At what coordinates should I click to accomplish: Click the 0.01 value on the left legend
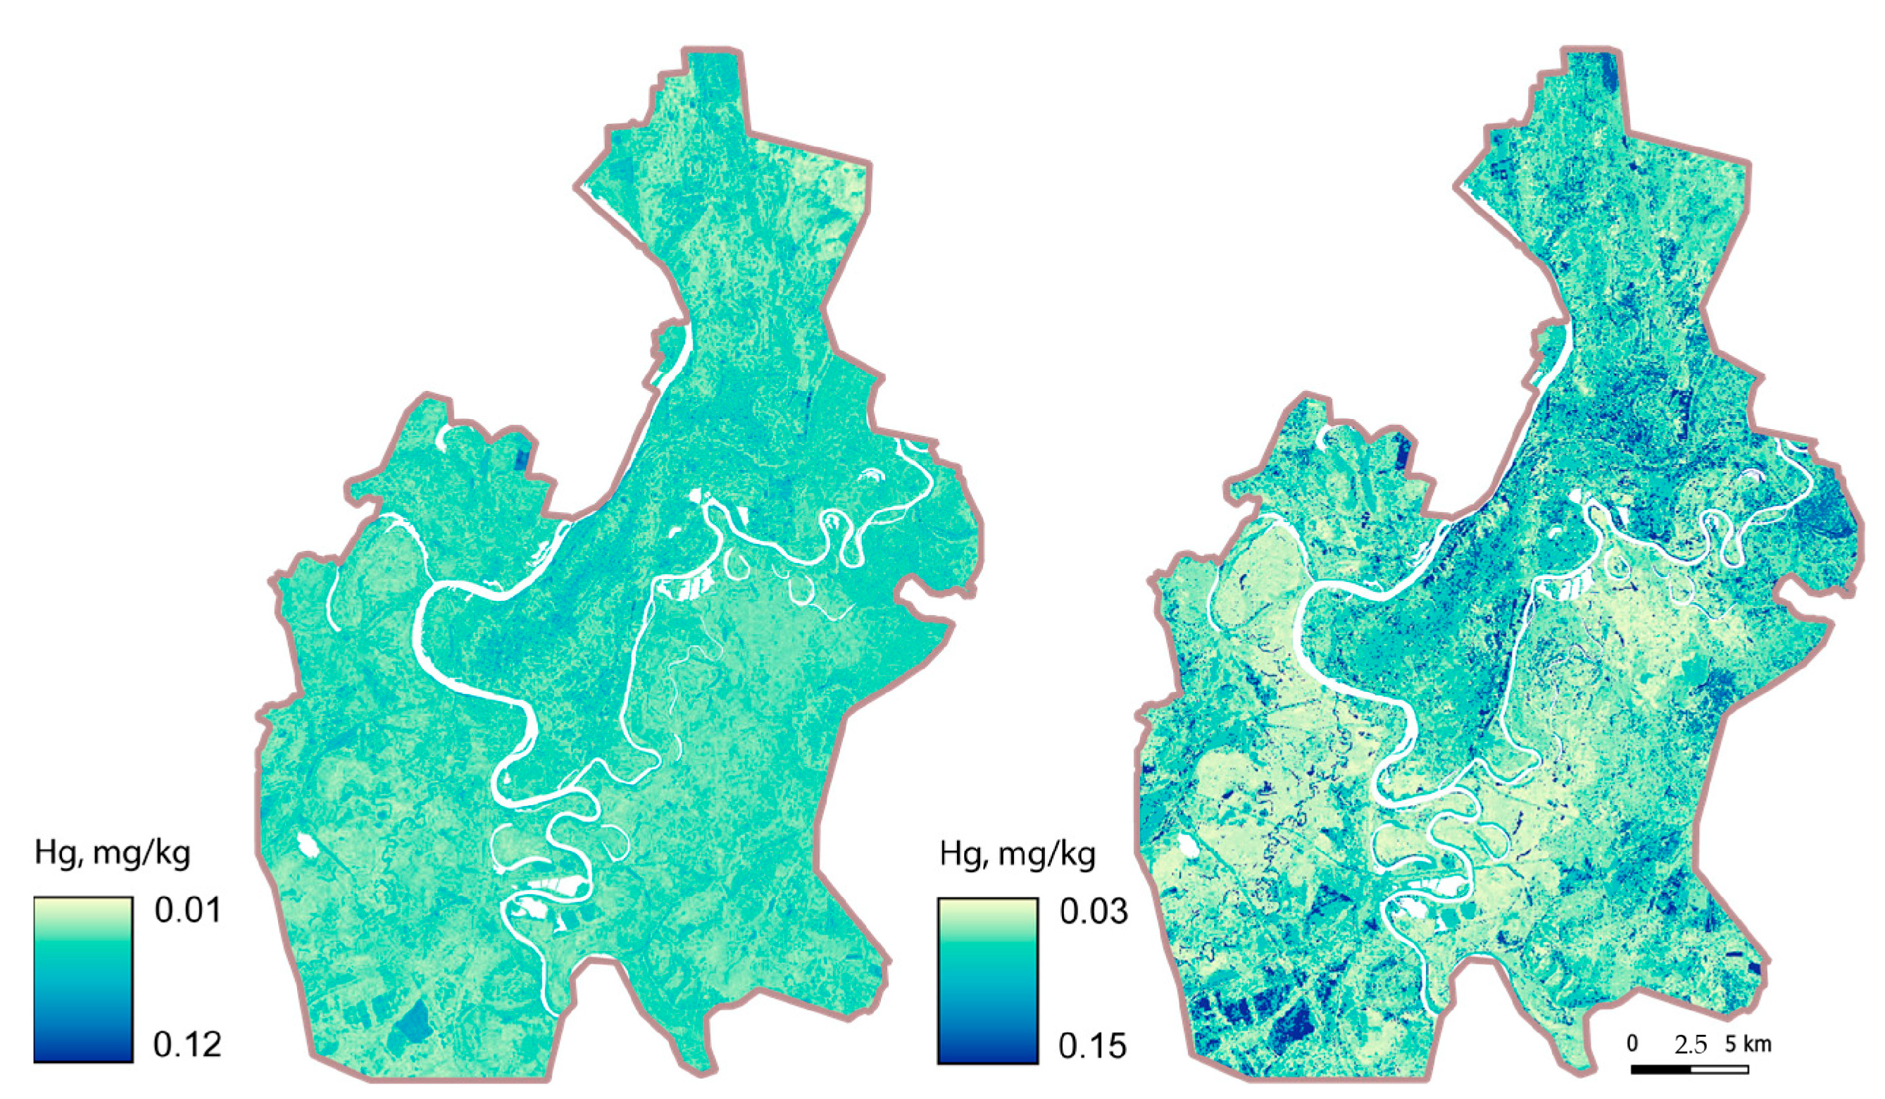coord(187,910)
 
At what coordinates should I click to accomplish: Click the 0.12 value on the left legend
coord(187,1044)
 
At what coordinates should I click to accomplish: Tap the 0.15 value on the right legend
coord(1092,1046)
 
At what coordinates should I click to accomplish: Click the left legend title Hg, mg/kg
coord(112,854)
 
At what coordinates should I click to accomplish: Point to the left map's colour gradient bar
coord(83,979)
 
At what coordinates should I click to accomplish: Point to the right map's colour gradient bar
coord(987,981)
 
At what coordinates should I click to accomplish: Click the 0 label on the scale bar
coord(1632,1043)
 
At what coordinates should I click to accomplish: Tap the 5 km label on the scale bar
coord(1748,1043)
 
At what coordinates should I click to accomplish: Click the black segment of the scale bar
coord(1660,1069)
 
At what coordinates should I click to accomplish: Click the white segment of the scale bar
coord(1719,1069)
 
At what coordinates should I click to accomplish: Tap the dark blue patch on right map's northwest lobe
coord(1403,452)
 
